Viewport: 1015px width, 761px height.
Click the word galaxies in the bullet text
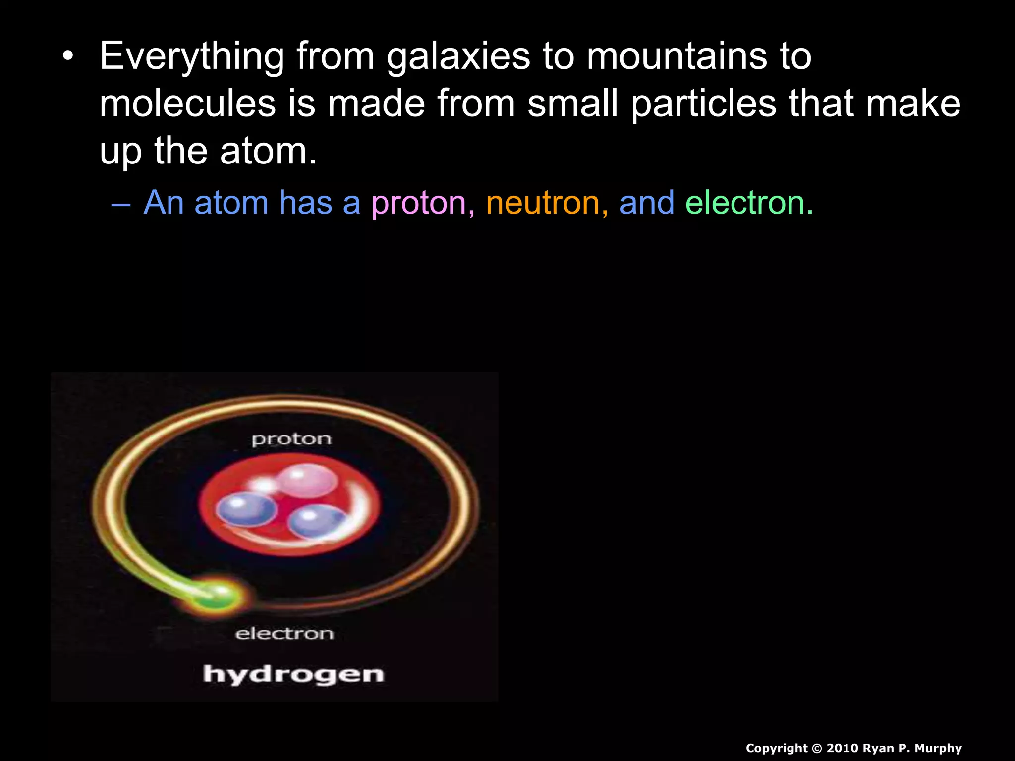(458, 56)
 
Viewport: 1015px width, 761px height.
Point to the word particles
(704, 104)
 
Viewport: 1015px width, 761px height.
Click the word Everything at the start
(192, 56)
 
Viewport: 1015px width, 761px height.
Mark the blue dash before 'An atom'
(121, 204)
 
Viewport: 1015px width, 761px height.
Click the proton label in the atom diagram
(291, 439)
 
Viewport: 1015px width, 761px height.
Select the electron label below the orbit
(284, 633)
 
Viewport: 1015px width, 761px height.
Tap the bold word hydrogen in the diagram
(293, 674)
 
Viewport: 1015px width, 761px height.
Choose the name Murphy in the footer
(938, 748)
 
